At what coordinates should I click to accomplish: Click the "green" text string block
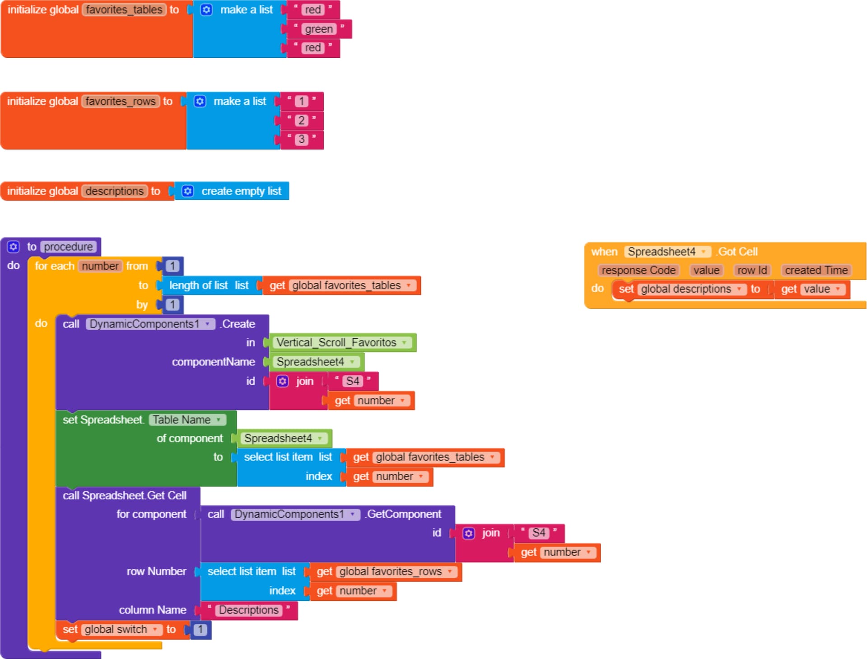click(x=319, y=29)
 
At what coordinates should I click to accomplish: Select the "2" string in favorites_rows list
click(x=301, y=121)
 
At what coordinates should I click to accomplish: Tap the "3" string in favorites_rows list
click(x=301, y=140)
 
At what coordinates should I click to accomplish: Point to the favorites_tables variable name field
click(x=124, y=10)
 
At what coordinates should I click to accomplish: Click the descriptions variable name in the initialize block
click(x=115, y=191)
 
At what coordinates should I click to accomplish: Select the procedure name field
click(x=69, y=247)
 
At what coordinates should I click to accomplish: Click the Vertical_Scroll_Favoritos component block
click(x=342, y=343)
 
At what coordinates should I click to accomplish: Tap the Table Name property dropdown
click(x=187, y=420)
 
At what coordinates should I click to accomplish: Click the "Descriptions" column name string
click(x=249, y=610)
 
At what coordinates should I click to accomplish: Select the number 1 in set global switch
click(x=200, y=630)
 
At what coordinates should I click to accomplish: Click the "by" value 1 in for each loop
click(x=172, y=305)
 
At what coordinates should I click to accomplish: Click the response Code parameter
click(x=639, y=270)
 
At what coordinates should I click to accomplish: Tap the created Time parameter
click(x=816, y=270)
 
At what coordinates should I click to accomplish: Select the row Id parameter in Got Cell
click(x=752, y=270)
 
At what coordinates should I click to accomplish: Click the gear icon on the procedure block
click(x=14, y=247)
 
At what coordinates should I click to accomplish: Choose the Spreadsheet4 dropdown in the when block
click(x=667, y=252)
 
